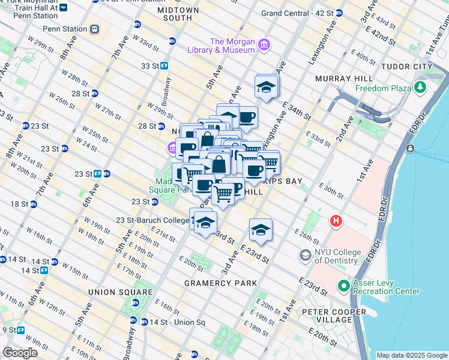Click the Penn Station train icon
click(95, 29)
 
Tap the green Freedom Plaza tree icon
click(420, 88)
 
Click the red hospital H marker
click(336, 221)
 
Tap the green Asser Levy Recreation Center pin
click(343, 285)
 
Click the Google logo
click(20, 352)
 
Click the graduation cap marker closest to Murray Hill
click(266, 87)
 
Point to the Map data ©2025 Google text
click(412, 355)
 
